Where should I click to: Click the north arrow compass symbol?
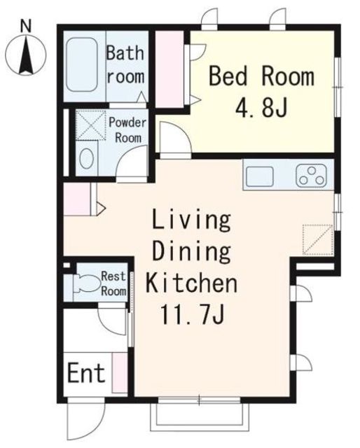pyautogui.click(x=26, y=55)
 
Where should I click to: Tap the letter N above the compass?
pyautogui.click(x=26, y=27)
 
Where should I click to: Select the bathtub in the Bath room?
pyautogui.click(x=82, y=64)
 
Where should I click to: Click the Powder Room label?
pyautogui.click(x=127, y=130)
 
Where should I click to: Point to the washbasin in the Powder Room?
pyautogui.click(x=87, y=158)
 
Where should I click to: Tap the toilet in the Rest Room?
pyautogui.click(x=85, y=283)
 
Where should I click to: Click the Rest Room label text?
pyautogui.click(x=113, y=283)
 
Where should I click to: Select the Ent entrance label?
pyautogui.click(x=85, y=372)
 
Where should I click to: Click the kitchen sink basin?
pyautogui.click(x=260, y=176)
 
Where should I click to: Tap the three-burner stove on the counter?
pyautogui.click(x=312, y=176)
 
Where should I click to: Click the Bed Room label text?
pyautogui.click(x=262, y=76)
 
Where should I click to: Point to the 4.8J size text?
pyautogui.click(x=261, y=107)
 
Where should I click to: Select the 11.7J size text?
pyautogui.click(x=192, y=314)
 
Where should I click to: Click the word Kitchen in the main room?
pyautogui.click(x=192, y=282)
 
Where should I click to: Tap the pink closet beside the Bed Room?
pyautogui.click(x=169, y=69)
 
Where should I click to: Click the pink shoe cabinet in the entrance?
pyautogui.click(x=120, y=373)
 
